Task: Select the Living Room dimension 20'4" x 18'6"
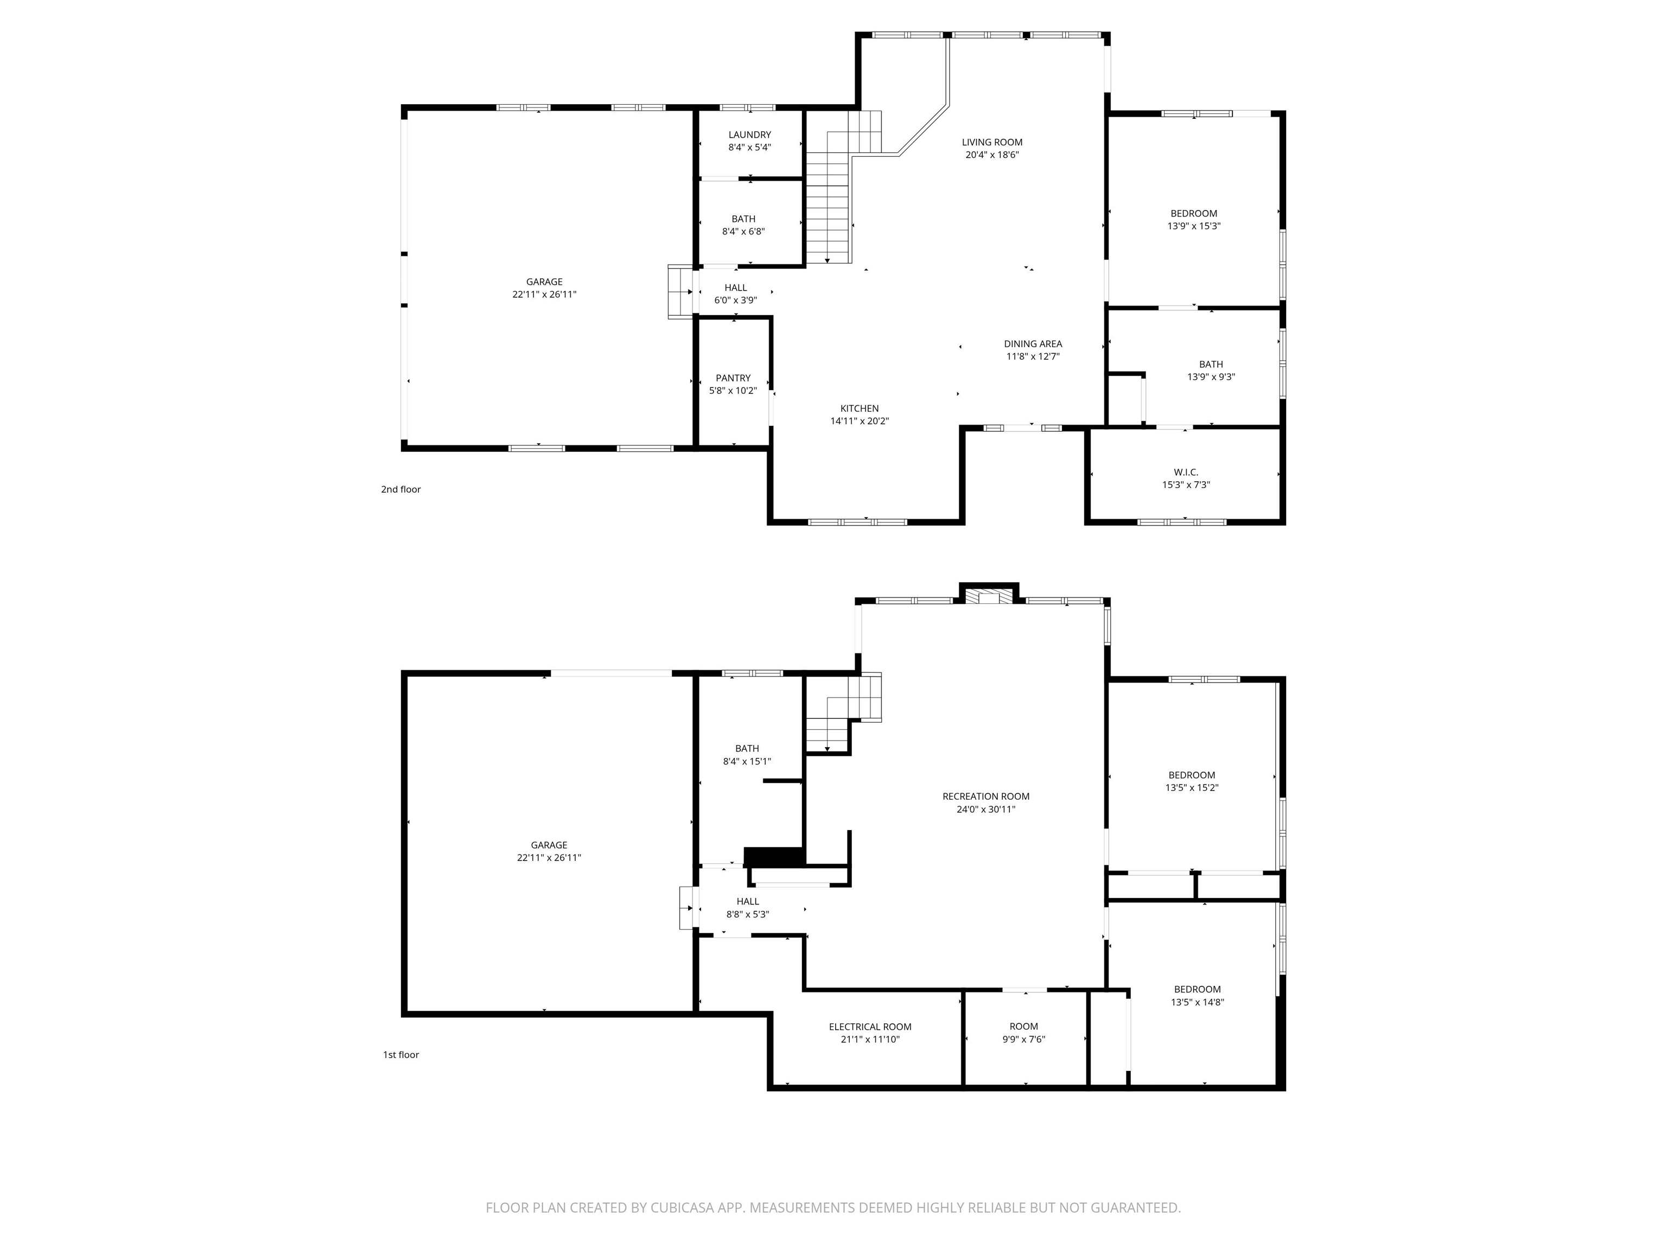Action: coord(992,155)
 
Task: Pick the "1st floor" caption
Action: coord(401,1055)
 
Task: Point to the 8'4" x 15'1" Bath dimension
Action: coord(747,762)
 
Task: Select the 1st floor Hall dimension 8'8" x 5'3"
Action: coord(748,915)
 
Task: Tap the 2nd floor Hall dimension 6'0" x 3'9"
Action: coord(735,301)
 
